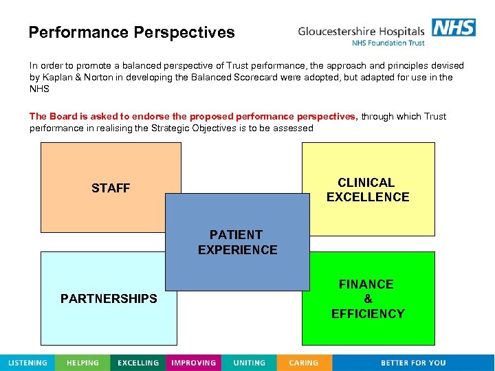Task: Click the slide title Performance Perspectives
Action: pyautogui.click(x=131, y=32)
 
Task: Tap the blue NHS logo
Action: pyautogui.click(x=453, y=27)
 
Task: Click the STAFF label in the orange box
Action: pyautogui.click(x=111, y=188)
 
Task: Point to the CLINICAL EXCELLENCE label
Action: pyautogui.click(x=367, y=190)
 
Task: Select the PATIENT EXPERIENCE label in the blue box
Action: pyautogui.click(x=237, y=243)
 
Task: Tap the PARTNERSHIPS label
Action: pyautogui.click(x=109, y=299)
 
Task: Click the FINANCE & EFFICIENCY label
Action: pyautogui.click(x=368, y=299)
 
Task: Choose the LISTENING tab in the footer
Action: pyautogui.click(x=27, y=363)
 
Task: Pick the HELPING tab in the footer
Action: pyautogui.click(x=82, y=363)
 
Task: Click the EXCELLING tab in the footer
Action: pyautogui.click(x=138, y=363)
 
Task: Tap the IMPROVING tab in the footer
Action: pyautogui.click(x=194, y=363)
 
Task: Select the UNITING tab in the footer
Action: pyautogui.click(x=249, y=363)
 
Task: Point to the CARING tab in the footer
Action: pyautogui.click(x=304, y=363)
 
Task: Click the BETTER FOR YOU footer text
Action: pyautogui.click(x=413, y=363)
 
